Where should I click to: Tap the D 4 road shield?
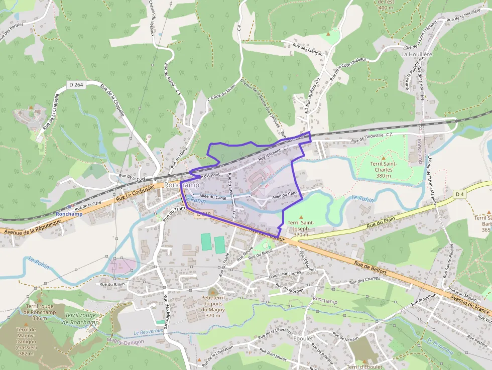459,194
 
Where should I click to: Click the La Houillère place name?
417,54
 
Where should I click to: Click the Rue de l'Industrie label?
371,137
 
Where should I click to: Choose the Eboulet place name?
303,338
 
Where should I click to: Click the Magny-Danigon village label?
126,341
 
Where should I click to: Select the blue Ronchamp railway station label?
69,214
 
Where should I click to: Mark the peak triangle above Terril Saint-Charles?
384,158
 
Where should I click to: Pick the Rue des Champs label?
366,279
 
